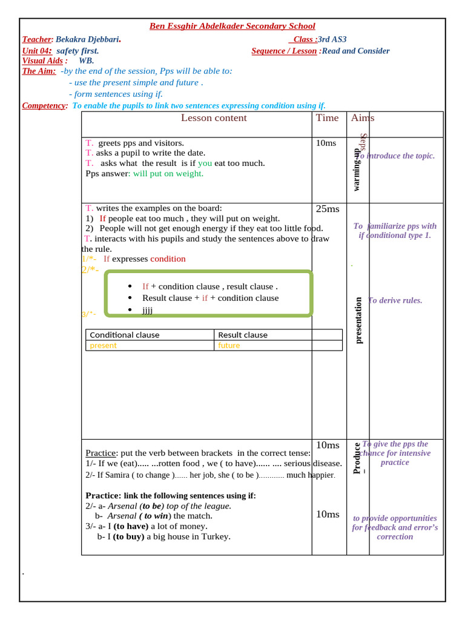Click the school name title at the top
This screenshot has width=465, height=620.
(x=232, y=26)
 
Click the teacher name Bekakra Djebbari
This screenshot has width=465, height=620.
(x=87, y=39)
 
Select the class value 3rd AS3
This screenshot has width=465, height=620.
(x=332, y=39)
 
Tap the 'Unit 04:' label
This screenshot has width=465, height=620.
(x=37, y=51)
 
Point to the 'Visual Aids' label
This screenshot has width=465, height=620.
(x=42, y=61)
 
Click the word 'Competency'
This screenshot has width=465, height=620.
(x=44, y=105)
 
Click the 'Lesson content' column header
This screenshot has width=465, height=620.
(x=214, y=118)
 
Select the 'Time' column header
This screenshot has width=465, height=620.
(x=327, y=118)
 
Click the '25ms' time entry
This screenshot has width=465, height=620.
(x=328, y=209)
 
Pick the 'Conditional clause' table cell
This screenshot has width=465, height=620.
(x=125, y=335)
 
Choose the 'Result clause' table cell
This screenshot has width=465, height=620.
(x=242, y=335)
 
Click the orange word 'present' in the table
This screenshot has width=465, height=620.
(x=103, y=346)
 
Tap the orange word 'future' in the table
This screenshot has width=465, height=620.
(x=229, y=346)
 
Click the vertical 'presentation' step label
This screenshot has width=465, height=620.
(x=358, y=320)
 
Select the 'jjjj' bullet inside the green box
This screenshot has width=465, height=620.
(x=147, y=310)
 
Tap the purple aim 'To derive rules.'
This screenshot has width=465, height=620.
(x=395, y=300)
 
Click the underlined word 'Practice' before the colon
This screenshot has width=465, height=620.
(x=100, y=453)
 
